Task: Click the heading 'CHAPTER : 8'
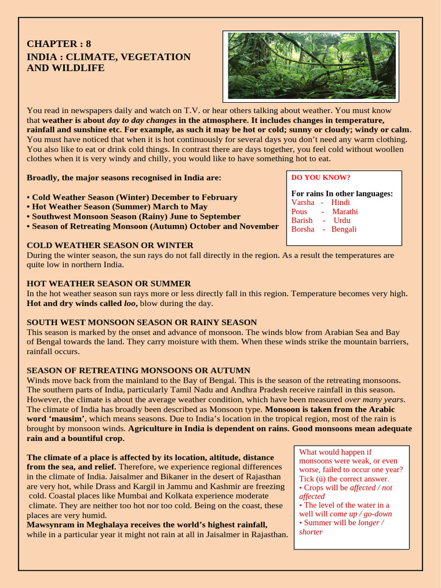pyautogui.click(x=59, y=44)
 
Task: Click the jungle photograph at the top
pyautogui.click(x=311, y=65)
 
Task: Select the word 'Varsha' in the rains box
pyautogui.click(x=303, y=202)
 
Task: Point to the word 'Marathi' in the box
pyautogui.click(x=345, y=211)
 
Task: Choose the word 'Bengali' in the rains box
pyautogui.click(x=344, y=229)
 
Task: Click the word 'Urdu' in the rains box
pyautogui.click(x=342, y=220)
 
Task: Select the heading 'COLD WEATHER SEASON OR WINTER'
pyautogui.click(x=110, y=245)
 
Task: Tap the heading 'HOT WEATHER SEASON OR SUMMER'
pyautogui.click(x=109, y=284)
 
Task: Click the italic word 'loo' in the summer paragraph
pyautogui.click(x=129, y=303)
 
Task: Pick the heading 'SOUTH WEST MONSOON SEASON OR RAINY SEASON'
pyautogui.click(x=142, y=322)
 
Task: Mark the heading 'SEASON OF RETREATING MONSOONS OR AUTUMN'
pyautogui.click(x=138, y=370)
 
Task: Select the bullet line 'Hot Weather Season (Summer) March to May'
pyautogui.click(x=117, y=207)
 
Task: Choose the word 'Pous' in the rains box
pyautogui.click(x=300, y=211)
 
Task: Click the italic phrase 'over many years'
pyautogui.click(x=374, y=400)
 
